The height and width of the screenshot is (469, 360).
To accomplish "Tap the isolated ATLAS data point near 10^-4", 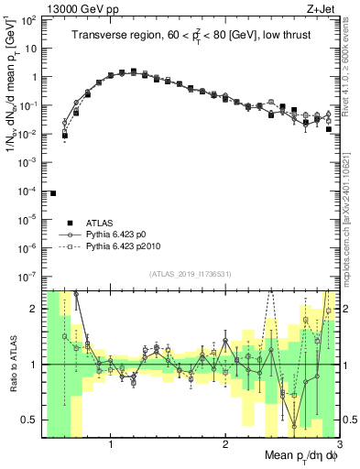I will coord(53,193).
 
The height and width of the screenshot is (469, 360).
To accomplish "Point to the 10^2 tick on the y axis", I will coord(30,21).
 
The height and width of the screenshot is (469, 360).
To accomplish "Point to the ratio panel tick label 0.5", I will coord(28,420).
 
